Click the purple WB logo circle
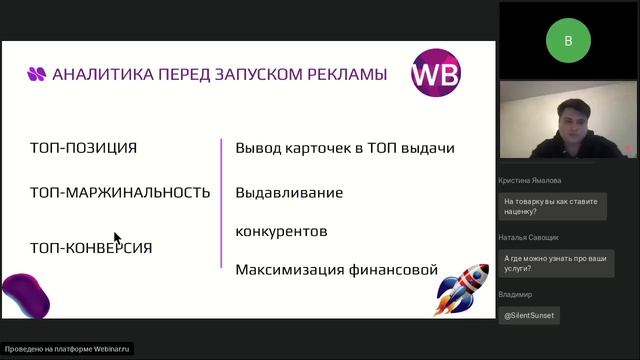pos(436,74)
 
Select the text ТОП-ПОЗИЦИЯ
pos(83,148)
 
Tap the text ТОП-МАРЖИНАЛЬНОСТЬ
pos(120,192)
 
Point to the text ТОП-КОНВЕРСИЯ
pos(91,247)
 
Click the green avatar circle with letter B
pos(568,41)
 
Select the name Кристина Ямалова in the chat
pos(536,181)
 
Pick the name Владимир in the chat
pos(515,295)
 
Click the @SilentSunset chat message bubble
pos(529,314)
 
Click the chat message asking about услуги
pos(549,262)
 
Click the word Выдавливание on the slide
pos(289,192)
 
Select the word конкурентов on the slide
pos(281,231)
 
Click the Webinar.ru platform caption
pos(68,349)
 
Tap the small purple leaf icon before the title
pos(37,73)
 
